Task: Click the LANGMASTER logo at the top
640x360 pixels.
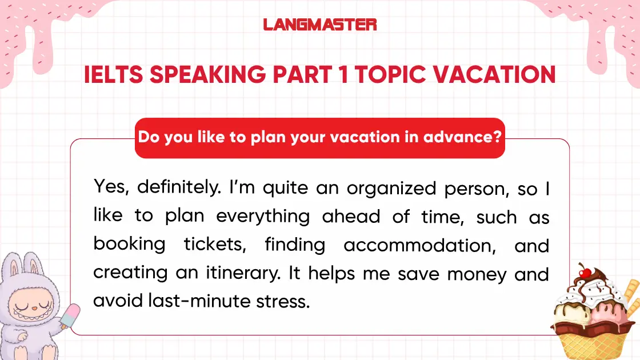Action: (320, 25)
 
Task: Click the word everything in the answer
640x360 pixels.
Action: (263, 217)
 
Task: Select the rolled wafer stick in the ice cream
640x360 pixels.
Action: (630, 294)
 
